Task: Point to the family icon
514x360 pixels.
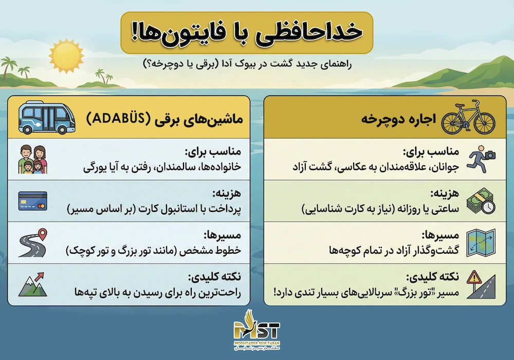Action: [x=33, y=160]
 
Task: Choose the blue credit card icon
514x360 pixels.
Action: [x=32, y=201]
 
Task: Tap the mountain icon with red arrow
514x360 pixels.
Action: [x=33, y=285]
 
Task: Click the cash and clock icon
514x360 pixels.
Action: [x=481, y=201]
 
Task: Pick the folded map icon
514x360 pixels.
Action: [x=481, y=243]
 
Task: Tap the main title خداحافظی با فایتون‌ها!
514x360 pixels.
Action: [x=246, y=32]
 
